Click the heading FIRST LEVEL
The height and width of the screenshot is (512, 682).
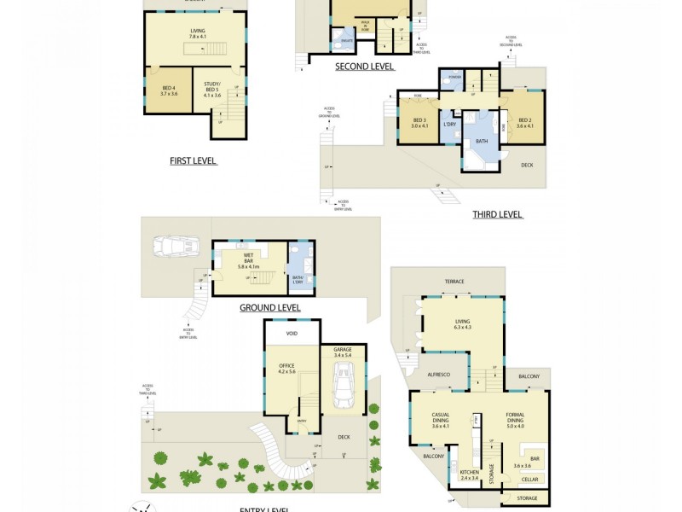coord(193,160)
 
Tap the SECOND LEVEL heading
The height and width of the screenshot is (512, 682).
coord(364,67)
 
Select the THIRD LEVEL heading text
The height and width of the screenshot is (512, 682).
coord(497,215)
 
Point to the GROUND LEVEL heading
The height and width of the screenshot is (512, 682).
coord(269,307)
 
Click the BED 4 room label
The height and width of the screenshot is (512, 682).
coord(169,90)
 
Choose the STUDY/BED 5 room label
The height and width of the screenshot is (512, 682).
coord(212,90)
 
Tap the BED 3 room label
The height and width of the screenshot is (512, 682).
coord(419,123)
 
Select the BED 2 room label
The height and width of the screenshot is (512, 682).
coord(524,123)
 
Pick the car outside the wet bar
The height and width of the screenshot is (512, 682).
coord(176,247)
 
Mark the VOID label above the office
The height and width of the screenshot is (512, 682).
coord(292,334)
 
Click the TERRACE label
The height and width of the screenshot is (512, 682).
coord(453,281)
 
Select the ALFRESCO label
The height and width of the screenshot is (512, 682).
coord(439,375)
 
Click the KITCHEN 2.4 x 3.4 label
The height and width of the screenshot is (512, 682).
coord(470,475)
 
